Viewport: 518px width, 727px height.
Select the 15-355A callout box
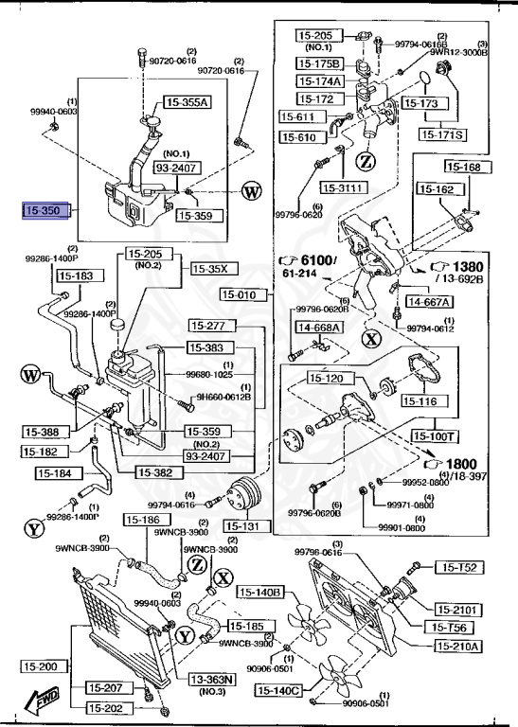click(188, 102)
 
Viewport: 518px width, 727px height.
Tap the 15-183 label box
click(77, 275)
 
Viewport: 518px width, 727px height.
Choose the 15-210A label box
click(458, 647)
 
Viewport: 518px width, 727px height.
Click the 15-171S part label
click(443, 135)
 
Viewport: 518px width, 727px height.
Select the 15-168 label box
click(464, 168)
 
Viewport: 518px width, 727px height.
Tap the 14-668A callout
click(319, 328)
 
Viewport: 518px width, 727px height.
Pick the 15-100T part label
click(436, 436)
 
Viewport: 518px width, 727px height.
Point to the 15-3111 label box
click(342, 187)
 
